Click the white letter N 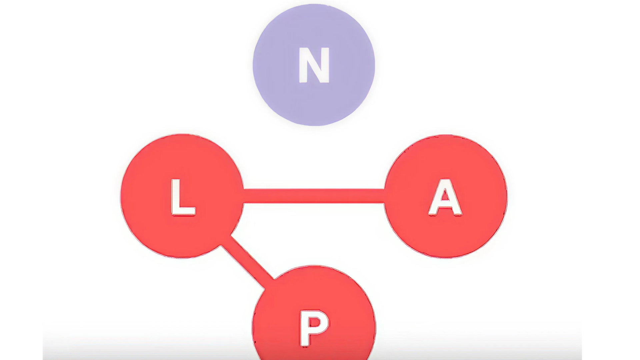314,65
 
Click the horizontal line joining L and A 313,196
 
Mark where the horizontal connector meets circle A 385,196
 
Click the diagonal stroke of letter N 314,65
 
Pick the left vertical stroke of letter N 303,65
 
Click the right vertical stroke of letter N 325,65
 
